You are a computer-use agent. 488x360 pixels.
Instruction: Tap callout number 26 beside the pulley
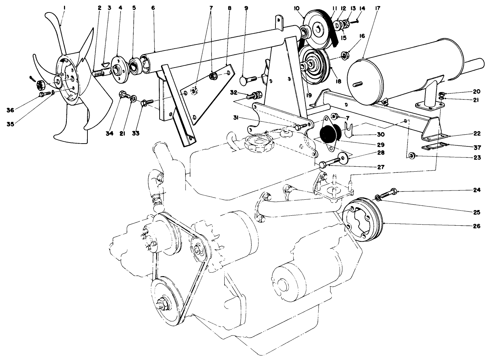pos(477,226)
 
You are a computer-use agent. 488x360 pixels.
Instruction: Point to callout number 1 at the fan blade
pos(64,7)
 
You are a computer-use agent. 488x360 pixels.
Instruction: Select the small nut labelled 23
pos(412,155)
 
